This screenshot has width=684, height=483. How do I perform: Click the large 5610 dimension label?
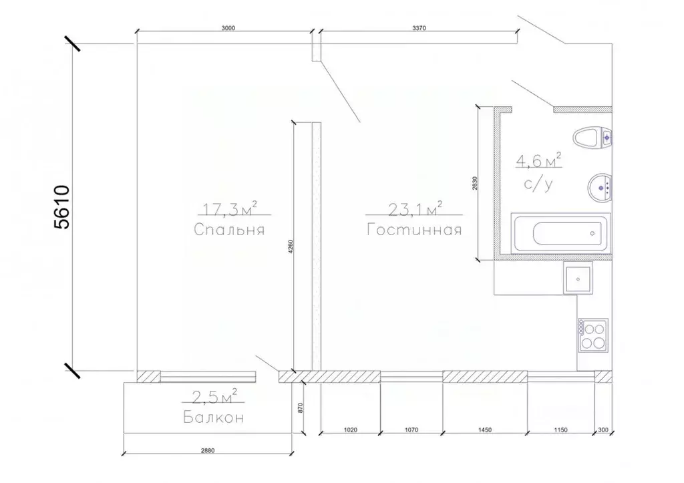(61, 207)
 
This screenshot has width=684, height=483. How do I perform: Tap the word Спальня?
(230, 230)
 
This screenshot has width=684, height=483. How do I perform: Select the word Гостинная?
(414, 230)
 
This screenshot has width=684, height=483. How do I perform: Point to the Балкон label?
(211, 419)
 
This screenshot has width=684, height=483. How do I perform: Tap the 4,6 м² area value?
(538, 160)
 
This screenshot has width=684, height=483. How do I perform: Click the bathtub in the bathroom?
(560, 234)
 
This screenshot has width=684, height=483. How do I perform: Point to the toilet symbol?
(591, 138)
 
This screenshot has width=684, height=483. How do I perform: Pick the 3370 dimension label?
(419, 28)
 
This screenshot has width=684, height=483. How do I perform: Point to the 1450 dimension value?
(485, 430)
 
